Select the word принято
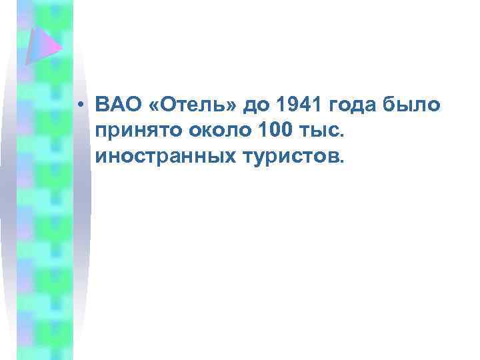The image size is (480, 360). [x=133, y=133]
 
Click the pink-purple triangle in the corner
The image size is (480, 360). [x=42, y=45]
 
